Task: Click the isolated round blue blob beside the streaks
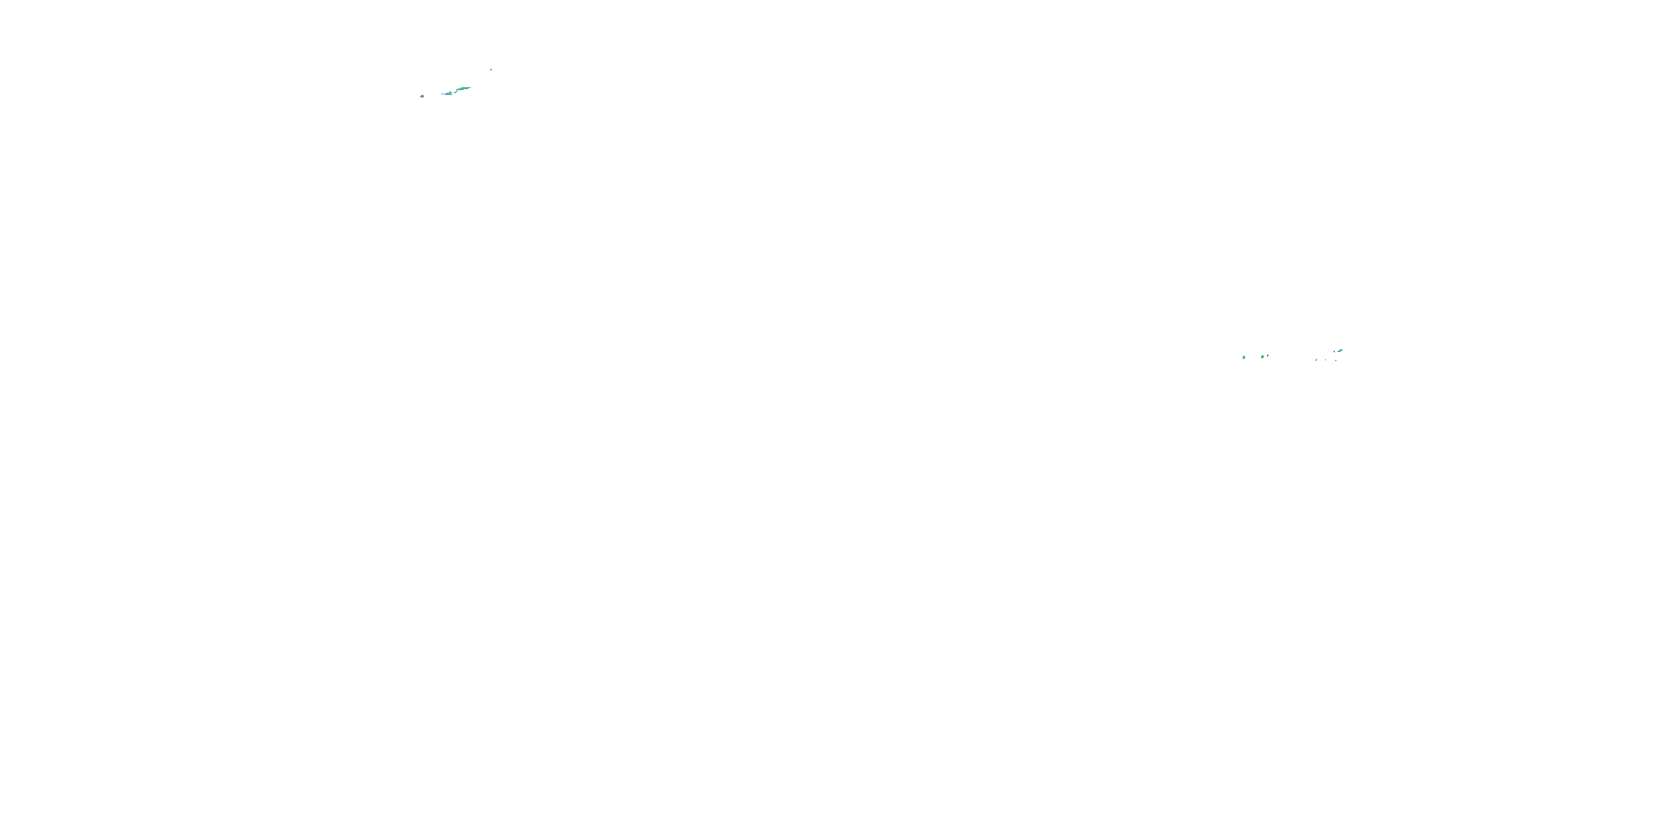pos(423,96)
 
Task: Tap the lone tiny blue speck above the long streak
pos(491,70)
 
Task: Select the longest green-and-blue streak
pos(463,88)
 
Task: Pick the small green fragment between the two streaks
pos(455,92)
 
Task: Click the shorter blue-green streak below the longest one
pos(448,94)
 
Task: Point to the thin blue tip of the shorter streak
pos(442,94)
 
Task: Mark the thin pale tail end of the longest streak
pos(470,88)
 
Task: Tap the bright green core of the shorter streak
pos(450,94)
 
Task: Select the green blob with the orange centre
pos(1263,357)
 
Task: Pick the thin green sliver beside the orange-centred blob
pos(1268,356)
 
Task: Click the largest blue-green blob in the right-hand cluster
pos(1341,351)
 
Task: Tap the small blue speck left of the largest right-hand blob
pos(1334,352)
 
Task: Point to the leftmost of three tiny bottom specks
pos(1316,360)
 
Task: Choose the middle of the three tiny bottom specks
pos(1325,360)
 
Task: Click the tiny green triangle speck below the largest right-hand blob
pos(1336,361)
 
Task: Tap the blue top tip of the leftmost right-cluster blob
pos(1245,356)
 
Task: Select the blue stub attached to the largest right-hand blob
pos(1338,352)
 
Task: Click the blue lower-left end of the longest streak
pos(457,91)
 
